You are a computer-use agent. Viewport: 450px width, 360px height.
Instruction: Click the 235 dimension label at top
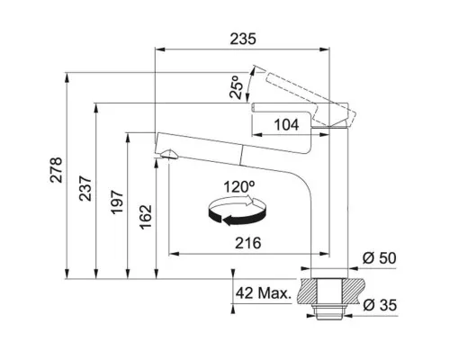click(243, 39)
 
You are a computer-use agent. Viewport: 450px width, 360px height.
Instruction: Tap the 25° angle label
click(237, 87)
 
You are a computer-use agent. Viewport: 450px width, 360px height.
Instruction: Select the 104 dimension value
click(286, 125)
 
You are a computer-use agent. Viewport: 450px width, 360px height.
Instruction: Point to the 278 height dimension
click(56, 170)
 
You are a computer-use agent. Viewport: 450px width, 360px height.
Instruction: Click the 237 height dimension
click(85, 189)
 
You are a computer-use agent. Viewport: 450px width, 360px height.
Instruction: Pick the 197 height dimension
click(117, 202)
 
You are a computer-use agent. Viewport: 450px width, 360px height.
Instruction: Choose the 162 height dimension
click(146, 217)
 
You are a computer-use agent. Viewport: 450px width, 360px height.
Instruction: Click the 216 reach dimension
click(247, 243)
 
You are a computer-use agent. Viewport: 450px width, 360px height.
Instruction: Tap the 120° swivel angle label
click(239, 187)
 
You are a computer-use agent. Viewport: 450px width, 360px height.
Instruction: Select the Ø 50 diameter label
click(379, 258)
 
